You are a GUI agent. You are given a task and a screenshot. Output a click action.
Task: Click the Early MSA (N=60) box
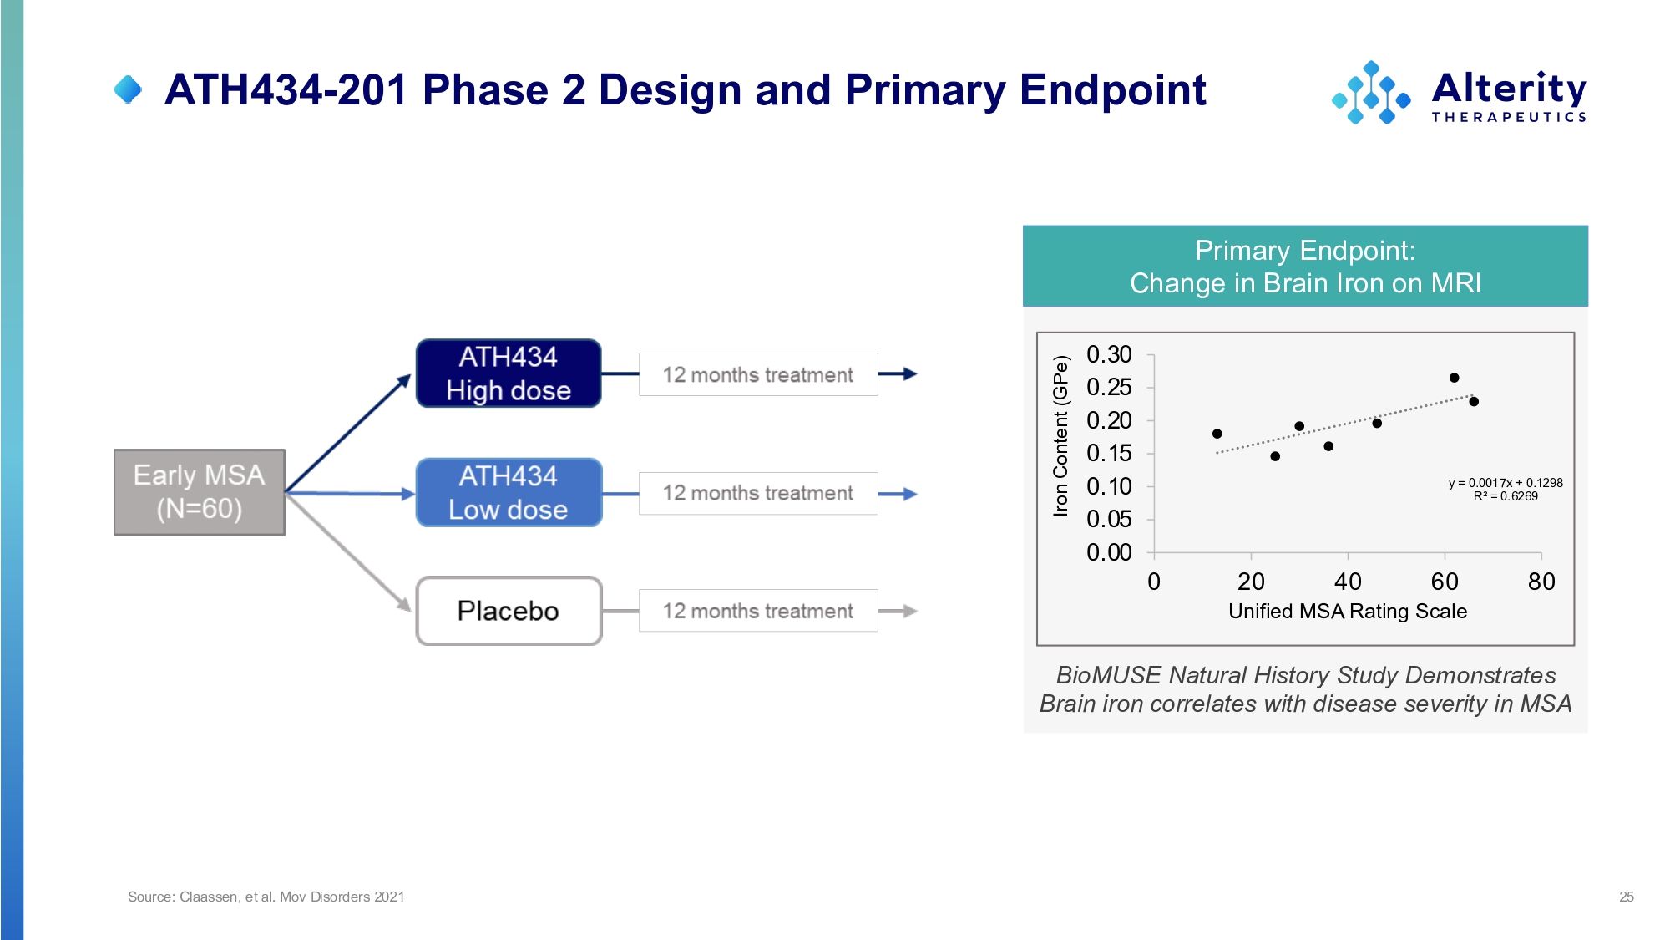[x=200, y=492]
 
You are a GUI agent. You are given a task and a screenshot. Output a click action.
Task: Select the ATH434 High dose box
[x=509, y=373]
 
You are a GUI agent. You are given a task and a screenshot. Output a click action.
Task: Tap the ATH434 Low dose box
[x=509, y=492]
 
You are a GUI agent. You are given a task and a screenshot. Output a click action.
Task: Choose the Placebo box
[x=509, y=611]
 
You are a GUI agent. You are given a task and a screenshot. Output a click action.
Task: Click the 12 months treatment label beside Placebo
[x=758, y=611]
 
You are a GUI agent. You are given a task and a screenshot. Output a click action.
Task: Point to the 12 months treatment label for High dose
[x=758, y=374]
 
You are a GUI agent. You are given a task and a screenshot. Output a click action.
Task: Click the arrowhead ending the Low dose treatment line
[x=910, y=494]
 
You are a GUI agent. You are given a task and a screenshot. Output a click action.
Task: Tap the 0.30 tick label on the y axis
[x=1109, y=354]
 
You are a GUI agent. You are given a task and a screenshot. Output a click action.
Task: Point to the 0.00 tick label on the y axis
[x=1109, y=552]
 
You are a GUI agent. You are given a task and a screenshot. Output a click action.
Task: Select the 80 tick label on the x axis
[x=1541, y=582]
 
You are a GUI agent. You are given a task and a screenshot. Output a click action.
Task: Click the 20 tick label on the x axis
[x=1251, y=582]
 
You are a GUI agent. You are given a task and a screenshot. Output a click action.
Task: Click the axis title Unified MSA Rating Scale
[x=1348, y=612]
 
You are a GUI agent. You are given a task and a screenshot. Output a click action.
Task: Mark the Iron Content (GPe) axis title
[x=1060, y=436]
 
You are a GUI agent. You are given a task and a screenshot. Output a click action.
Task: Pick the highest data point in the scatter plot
[x=1454, y=378]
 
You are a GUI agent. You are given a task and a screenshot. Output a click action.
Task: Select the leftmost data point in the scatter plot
[x=1217, y=434]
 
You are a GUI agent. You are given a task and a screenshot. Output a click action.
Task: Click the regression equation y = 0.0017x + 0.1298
[x=1506, y=483]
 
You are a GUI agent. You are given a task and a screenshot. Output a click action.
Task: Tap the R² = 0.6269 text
[x=1506, y=496]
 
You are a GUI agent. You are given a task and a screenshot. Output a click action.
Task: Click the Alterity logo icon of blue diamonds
[x=1371, y=93]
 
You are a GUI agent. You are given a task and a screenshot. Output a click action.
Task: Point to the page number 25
[x=1627, y=897]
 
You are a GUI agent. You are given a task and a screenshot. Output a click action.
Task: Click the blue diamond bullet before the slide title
[x=128, y=89]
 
